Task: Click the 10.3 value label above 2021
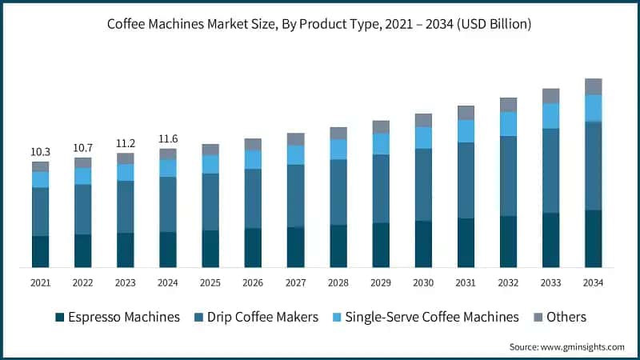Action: point(40,152)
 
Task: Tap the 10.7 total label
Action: point(82,148)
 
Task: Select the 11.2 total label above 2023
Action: point(125,143)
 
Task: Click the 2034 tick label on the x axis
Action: point(593,282)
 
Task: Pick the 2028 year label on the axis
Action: point(338,282)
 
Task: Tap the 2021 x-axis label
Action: point(40,282)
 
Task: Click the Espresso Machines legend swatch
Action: point(59,318)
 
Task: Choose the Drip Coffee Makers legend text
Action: point(263,317)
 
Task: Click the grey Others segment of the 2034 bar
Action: point(593,86)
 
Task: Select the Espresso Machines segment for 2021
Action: point(40,251)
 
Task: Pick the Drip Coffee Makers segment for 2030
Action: point(423,185)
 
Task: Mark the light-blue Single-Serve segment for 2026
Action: point(253,159)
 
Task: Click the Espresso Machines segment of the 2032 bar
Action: point(508,241)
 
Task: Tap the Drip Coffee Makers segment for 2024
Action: point(168,204)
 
